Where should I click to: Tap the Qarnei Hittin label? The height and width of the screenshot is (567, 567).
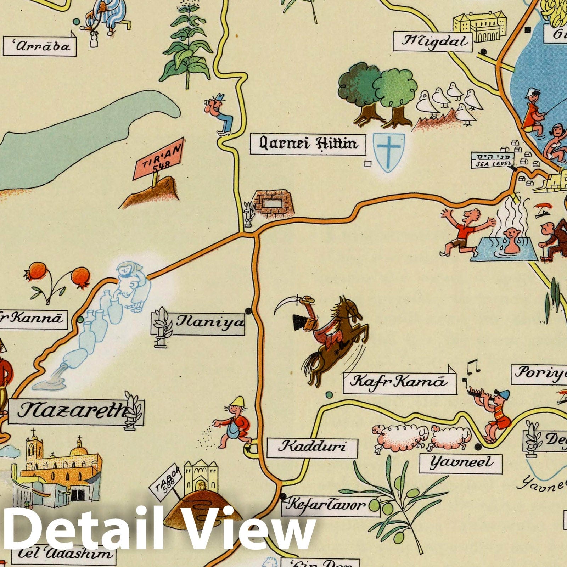[x=308, y=144]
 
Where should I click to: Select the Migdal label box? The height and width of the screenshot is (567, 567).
[x=433, y=42]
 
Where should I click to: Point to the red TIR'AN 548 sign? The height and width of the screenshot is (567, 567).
[x=158, y=160]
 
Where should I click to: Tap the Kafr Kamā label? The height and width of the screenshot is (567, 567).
[x=398, y=382]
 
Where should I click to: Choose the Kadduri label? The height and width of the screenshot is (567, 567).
[x=312, y=447]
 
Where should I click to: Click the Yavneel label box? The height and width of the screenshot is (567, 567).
[x=461, y=463]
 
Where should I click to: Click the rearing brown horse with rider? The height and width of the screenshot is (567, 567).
[x=335, y=340]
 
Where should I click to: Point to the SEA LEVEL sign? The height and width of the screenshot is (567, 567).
[x=492, y=160]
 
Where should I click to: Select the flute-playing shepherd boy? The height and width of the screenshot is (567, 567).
[x=494, y=415]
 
